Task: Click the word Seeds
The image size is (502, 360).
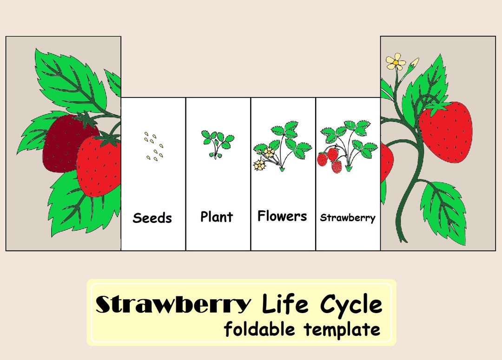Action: coord(152,218)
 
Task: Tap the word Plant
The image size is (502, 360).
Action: coord(217,216)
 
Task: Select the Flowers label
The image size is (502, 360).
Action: coord(282,216)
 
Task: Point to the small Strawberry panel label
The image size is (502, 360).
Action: coord(348,217)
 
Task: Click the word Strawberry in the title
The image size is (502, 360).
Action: coord(173,305)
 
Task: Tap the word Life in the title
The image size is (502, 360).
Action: coord(285,305)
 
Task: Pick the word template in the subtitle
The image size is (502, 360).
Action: coord(342,329)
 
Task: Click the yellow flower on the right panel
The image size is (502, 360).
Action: coord(396,61)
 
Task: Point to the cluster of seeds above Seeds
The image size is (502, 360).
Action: coord(154,146)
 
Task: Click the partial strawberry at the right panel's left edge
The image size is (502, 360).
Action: coord(386,163)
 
